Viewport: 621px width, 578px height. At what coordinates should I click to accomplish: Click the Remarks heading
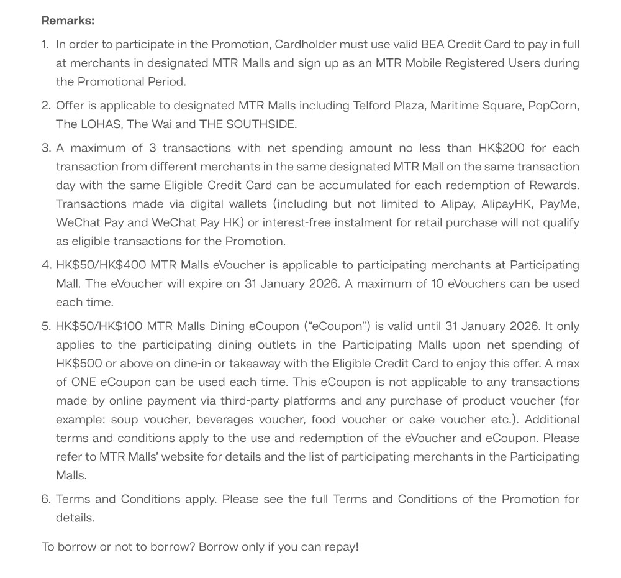click(68, 21)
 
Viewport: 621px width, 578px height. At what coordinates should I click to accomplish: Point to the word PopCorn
click(551, 105)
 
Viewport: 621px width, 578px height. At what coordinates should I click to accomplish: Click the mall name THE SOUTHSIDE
click(248, 124)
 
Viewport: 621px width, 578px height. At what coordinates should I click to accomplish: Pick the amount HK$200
click(501, 148)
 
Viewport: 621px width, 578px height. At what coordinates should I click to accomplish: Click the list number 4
click(47, 265)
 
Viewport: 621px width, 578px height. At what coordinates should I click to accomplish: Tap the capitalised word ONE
click(84, 382)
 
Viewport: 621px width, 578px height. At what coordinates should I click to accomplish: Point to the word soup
click(124, 419)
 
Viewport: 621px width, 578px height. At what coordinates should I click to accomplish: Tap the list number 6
click(47, 499)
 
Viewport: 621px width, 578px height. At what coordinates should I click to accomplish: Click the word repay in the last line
click(339, 547)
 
